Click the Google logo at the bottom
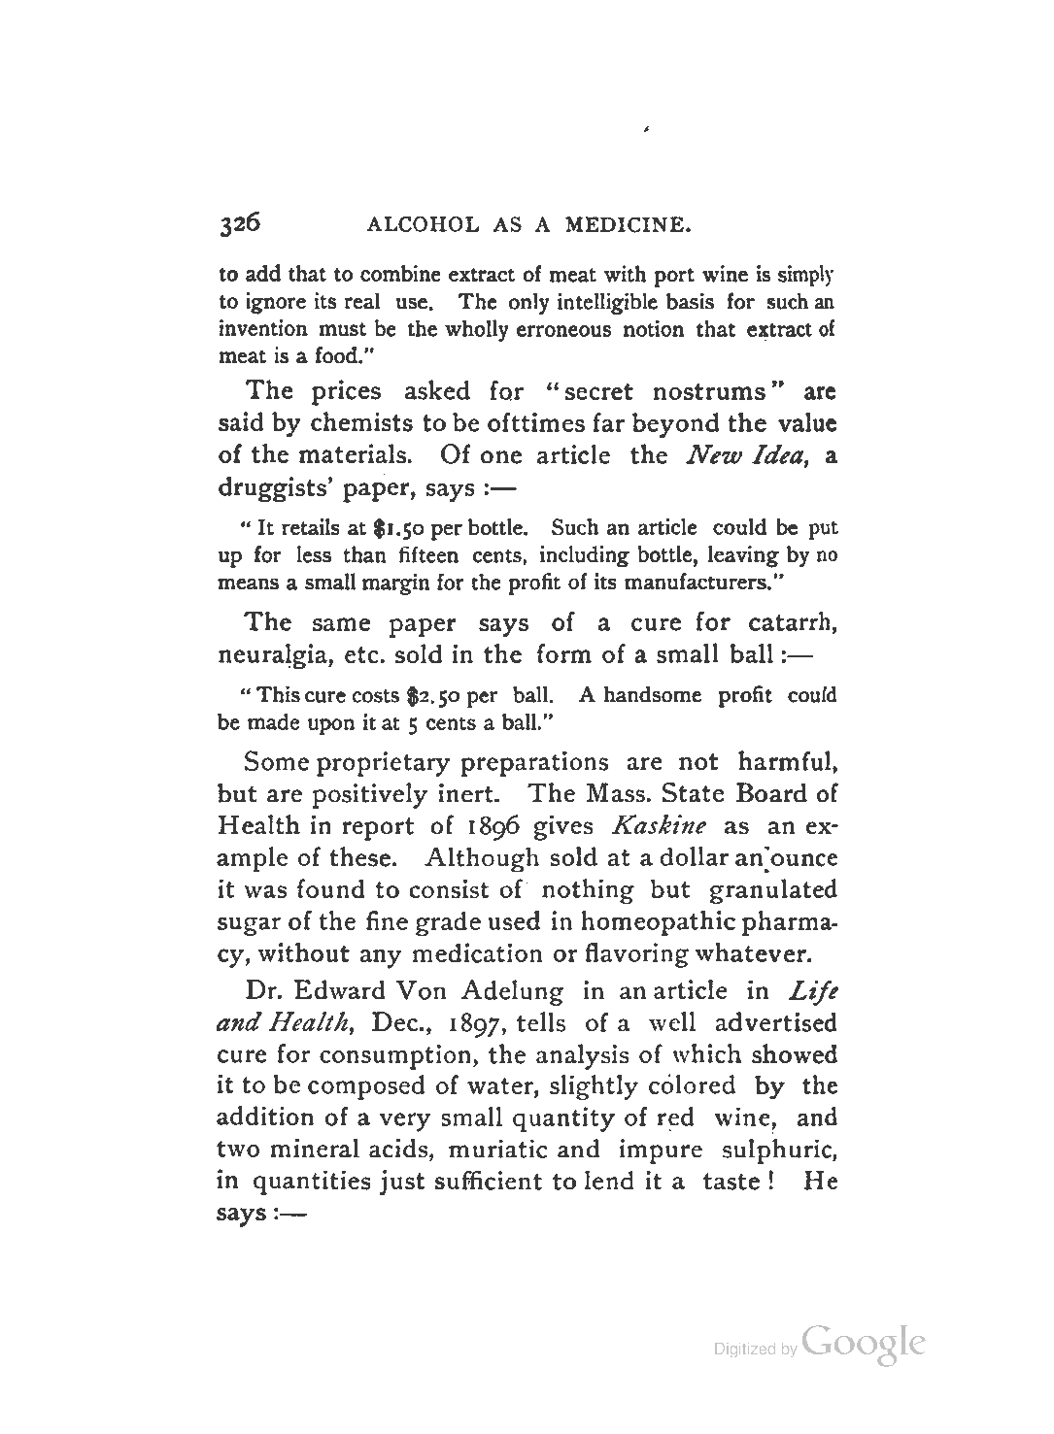863,1345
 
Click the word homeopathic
653,921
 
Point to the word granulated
773,889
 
